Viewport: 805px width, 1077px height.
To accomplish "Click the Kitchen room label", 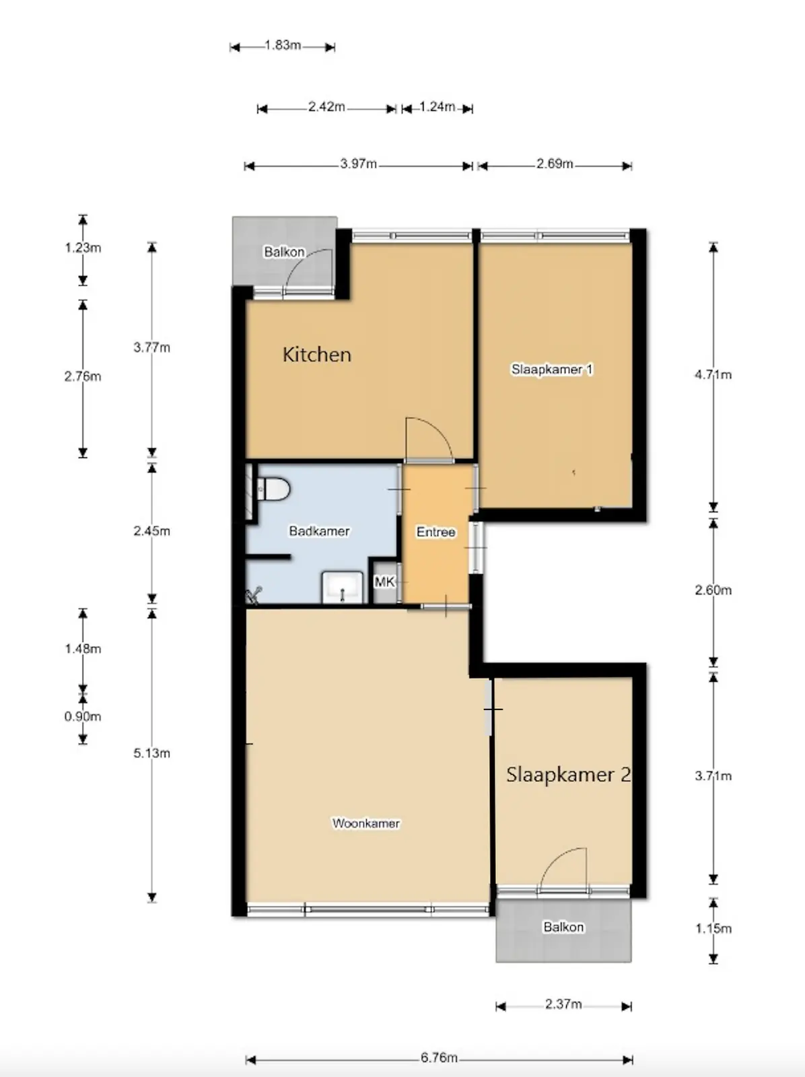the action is pos(317,354).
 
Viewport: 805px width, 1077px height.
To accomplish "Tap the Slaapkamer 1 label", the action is pos(552,369).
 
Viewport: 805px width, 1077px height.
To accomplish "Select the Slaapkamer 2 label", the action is pos(568,774).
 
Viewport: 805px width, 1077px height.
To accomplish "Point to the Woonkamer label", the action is pos(366,823).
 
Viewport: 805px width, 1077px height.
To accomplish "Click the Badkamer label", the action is pos(319,531).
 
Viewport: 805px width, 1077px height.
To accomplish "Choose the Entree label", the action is pos(435,532).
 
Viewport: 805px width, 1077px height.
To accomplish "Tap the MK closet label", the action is pos(384,582).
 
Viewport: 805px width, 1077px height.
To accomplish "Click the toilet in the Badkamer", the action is pos(273,489).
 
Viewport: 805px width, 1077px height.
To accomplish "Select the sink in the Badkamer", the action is pos(342,588).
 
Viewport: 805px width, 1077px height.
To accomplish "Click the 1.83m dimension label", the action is pos(283,45).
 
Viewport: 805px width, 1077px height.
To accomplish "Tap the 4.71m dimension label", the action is pos(713,375).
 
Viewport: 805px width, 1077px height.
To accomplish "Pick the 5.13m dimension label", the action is pos(151,753).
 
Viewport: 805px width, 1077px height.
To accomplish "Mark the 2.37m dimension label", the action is pos(563,1004).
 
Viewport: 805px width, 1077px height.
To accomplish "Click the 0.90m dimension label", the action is pos(82,716).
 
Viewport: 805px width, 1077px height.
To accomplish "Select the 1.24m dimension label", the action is pos(437,106).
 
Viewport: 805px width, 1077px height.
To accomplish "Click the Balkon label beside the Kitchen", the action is pos(284,252).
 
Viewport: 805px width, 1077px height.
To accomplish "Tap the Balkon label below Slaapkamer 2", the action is pos(563,927).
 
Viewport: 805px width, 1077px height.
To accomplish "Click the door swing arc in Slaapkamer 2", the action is pos(555,860).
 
